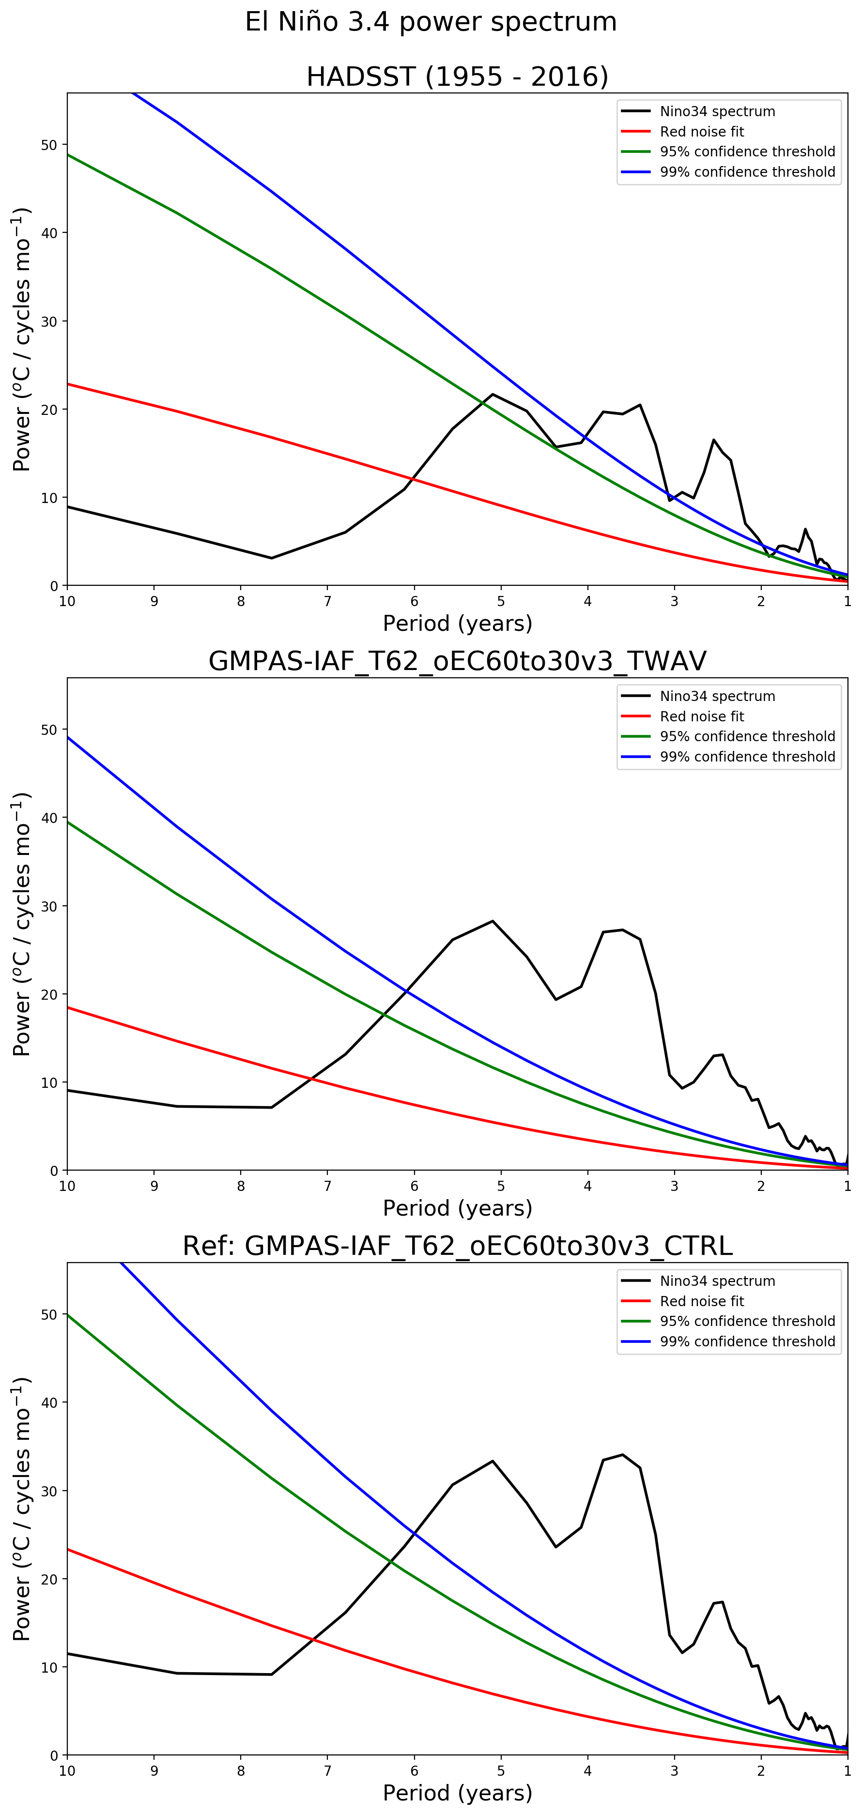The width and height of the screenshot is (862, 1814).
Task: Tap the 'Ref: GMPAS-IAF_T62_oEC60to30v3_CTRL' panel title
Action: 457,1246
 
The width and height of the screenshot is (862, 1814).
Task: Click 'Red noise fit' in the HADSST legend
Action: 701,132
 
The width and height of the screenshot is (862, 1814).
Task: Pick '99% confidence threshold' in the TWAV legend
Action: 747,756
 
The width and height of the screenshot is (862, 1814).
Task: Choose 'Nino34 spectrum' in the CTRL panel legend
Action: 717,1281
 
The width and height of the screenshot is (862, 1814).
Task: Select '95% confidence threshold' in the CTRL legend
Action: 747,1321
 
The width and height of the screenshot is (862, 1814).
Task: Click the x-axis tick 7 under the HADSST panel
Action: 327,601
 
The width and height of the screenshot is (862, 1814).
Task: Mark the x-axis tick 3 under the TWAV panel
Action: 674,1187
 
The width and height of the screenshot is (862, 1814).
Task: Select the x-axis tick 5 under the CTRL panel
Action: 501,1771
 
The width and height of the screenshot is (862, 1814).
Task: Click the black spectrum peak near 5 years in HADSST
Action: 493,395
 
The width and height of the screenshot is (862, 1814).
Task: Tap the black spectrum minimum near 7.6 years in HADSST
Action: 271,558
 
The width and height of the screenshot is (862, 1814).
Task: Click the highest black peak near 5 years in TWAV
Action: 493,921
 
